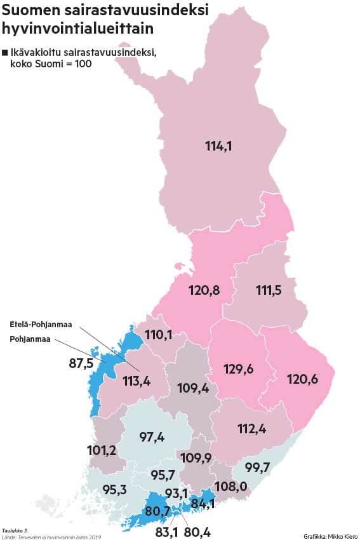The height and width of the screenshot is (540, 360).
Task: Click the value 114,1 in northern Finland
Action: tap(218, 146)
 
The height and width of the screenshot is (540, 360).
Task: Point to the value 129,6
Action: tap(240, 368)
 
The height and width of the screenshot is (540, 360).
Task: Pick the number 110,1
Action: tap(159, 334)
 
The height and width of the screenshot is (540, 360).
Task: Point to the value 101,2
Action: tap(102, 451)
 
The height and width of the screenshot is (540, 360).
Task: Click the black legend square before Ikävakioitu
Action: tap(5, 52)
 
